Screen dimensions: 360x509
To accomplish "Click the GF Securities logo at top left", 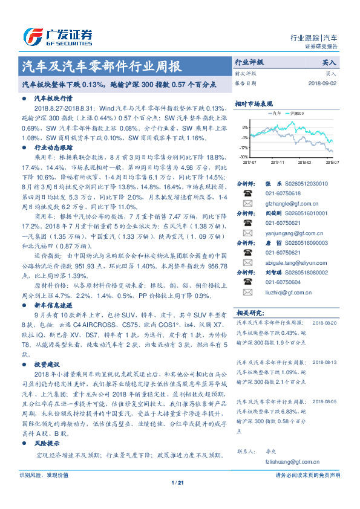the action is tap(58, 36).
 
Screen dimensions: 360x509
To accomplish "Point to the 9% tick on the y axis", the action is tap(244, 128).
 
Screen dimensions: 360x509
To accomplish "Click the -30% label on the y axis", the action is tap(243, 157).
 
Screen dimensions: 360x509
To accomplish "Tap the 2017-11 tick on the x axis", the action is tap(278, 162).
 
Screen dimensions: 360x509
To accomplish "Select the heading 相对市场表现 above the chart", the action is tap(252, 103).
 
